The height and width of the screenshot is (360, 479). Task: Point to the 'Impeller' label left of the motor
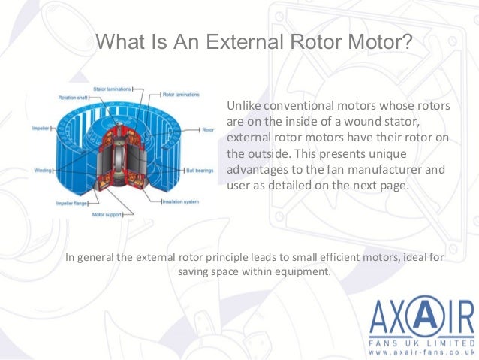[41, 129]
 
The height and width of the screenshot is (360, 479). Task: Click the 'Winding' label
[44, 171]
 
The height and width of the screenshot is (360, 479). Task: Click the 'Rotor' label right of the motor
[208, 130]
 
